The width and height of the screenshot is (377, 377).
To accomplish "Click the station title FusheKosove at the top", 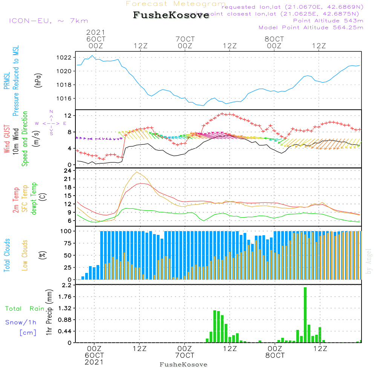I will coord(171,16).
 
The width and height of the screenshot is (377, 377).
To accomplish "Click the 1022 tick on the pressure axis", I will coord(65,58).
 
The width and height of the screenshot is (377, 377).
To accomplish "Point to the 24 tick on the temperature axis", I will coord(67,170).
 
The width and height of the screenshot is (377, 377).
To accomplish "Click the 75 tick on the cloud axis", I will coord(67,243).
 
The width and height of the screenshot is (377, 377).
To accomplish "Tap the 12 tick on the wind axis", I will coord(67,115).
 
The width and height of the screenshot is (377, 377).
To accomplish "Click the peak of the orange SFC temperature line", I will coord(136,172).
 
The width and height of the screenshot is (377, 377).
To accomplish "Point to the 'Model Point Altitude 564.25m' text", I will coord(311,28).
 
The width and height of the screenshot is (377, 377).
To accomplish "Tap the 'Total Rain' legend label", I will coord(25,309).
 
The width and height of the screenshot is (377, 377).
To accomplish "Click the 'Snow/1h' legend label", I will coord(21,323).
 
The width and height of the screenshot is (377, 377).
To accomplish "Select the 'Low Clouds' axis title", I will coord(25,255).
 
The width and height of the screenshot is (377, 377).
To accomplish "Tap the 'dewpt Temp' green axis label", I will coord(34,199).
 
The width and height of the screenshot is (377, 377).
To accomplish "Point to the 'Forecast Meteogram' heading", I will coord(176,4).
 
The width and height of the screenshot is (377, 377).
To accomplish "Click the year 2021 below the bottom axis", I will coord(94,362).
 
